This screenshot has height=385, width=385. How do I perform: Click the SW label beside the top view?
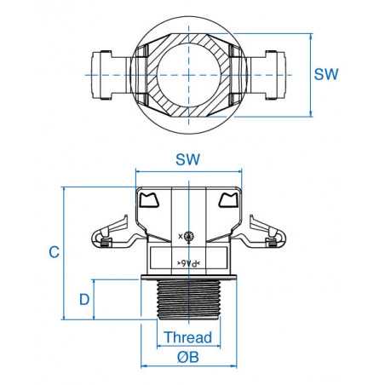(x=326, y=74)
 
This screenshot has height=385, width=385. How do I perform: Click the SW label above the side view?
(x=187, y=159)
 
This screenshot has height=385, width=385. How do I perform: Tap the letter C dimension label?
(x=53, y=252)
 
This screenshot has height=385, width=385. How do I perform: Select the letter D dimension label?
(x=84, y=299)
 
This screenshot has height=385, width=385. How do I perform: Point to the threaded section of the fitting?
(x=187, y=300)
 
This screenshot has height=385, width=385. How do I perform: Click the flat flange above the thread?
(x=187, y=278)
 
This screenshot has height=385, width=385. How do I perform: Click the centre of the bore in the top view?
(x=187, y=74)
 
